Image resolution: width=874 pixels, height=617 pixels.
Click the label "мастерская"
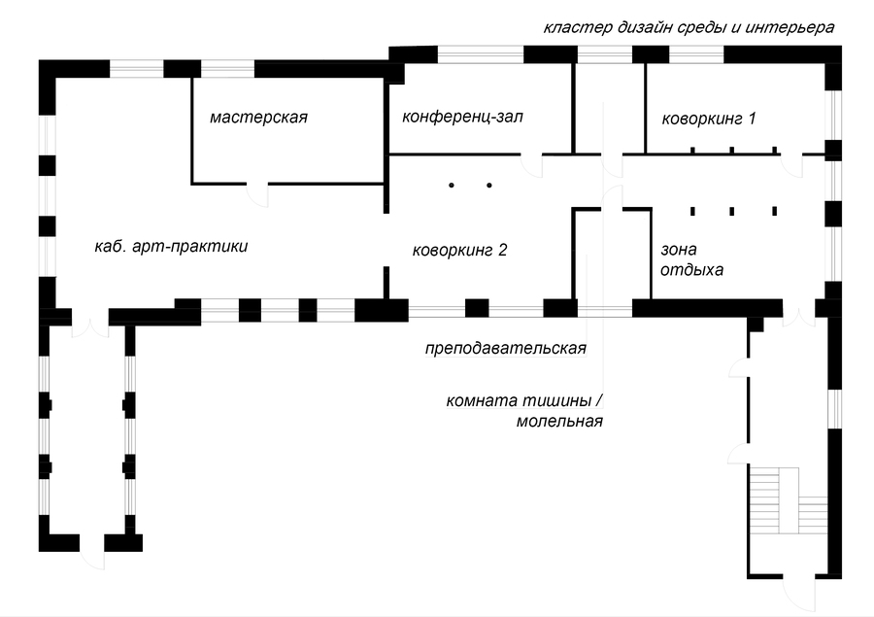[x=258, y=118]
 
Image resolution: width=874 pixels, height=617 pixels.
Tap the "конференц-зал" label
[x=462, y=118]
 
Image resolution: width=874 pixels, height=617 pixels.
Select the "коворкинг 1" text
[x=708, y=120]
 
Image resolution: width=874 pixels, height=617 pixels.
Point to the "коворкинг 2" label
[x=460, y=250]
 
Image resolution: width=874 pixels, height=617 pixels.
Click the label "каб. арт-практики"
[x=171, y=247]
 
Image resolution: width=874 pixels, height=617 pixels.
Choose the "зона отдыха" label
[x=691, y=259]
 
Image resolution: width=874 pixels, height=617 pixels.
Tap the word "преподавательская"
[x=506, y=348]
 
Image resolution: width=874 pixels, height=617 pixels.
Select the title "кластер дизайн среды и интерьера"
[x=689, y=27]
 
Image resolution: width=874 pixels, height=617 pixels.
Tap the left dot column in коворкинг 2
[x=452, y=184]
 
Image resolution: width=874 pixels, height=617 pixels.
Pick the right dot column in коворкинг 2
[x=489, y=184]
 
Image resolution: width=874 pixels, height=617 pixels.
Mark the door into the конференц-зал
[x=532, y=163]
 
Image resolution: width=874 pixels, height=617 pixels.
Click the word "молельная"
[x=560, y=423]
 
